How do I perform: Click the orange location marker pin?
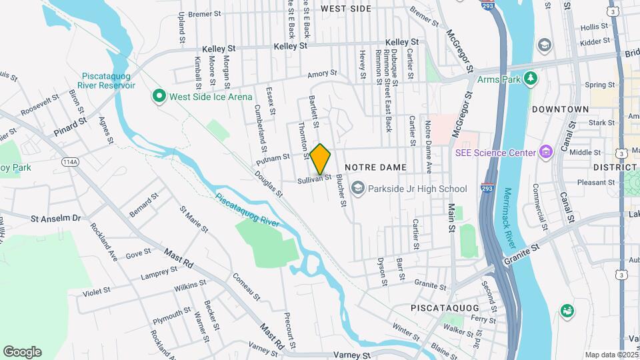coord(321,159)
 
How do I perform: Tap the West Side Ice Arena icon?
coord(159,97)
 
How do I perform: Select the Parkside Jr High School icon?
coord(358,189)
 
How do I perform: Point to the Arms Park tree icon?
coord(531,79)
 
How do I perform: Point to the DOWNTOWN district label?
coord(560,109)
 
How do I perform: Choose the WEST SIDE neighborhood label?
coord(345,9)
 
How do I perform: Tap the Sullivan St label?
coord(315,179)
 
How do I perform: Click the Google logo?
coord(22,352)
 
